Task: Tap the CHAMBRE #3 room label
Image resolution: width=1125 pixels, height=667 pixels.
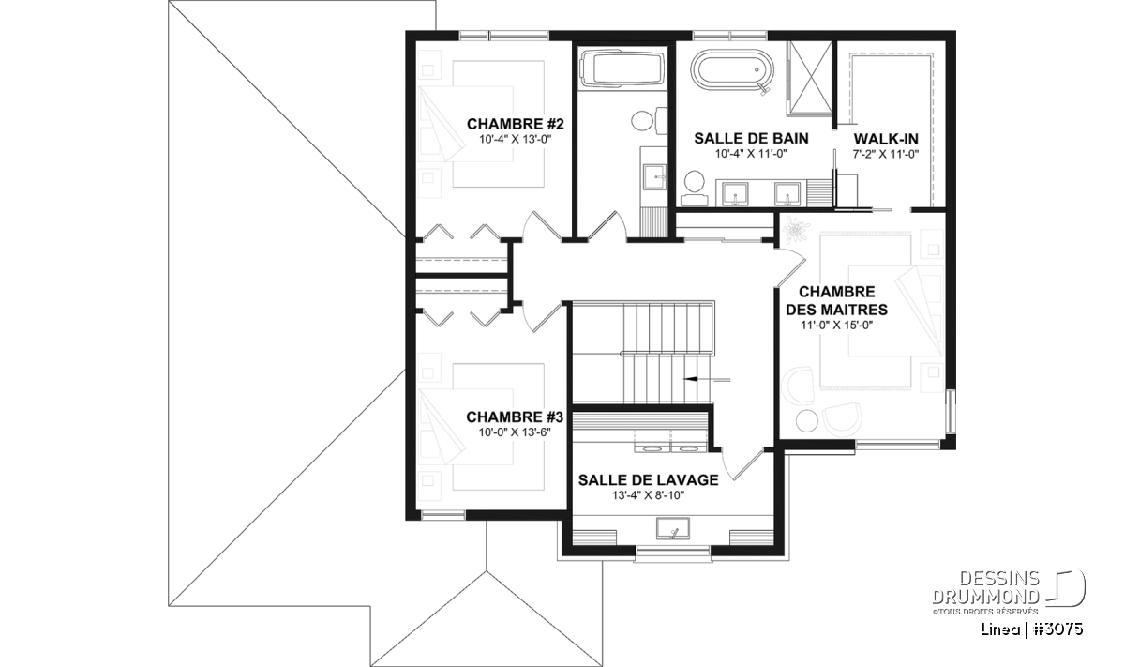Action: [x=515, y=417]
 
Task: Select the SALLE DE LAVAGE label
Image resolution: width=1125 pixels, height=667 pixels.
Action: [x=648, y=480]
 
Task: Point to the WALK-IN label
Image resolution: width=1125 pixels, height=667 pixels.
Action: [x=886, y=139]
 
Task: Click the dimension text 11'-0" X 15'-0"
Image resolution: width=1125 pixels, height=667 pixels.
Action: [x=836, y=326]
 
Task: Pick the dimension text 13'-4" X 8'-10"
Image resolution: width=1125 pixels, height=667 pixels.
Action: [x=648, y=495]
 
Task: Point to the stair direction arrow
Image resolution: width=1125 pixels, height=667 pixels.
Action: [x=707, y=380]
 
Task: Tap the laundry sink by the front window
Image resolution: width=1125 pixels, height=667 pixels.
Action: [x=673, y=529]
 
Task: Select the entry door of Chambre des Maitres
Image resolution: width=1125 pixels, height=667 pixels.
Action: [x=791, y=268]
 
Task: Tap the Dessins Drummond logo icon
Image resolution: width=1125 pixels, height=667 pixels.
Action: [x=1066, y=588]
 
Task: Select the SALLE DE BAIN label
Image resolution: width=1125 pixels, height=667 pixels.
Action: [x=751, y=138]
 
